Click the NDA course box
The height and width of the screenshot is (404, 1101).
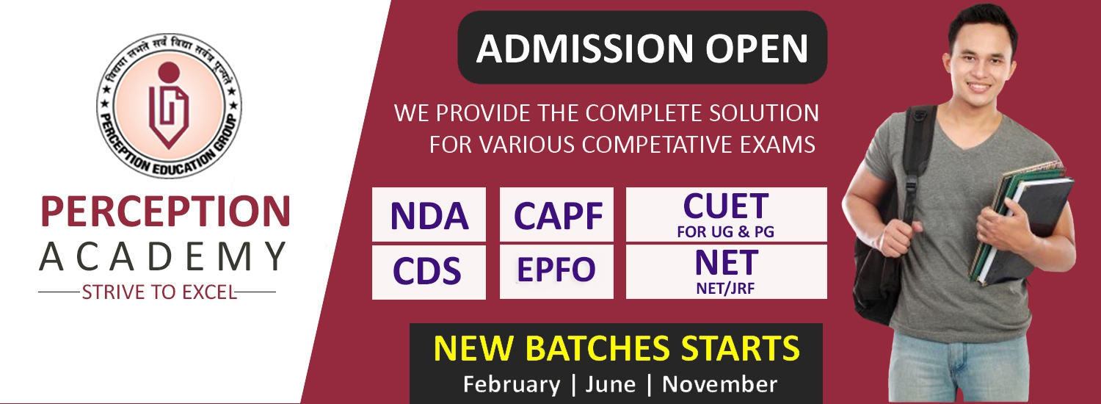[429, 214]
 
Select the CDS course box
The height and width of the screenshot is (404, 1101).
[429, 272]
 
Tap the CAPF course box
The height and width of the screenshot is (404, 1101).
[556, 214]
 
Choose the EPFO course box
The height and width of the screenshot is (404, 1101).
[556, 272]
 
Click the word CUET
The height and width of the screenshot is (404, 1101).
[725, 206]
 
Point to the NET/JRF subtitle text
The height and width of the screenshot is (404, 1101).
[725, 289]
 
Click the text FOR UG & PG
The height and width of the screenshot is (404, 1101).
[725, 232]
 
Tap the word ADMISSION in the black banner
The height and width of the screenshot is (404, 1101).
[584, 48]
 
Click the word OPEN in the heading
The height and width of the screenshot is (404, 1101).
[757, 48]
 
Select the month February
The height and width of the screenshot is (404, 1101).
[511, 384]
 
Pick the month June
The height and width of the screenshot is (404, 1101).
[611, 384]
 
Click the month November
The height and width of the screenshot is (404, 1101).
[719, 384]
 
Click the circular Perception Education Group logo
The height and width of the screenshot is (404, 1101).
[169, 106]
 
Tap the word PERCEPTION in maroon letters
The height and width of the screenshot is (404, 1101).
[166, 212]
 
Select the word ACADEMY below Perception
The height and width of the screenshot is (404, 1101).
[163, 256]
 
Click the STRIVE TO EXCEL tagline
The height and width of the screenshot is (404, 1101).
[159, 292]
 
